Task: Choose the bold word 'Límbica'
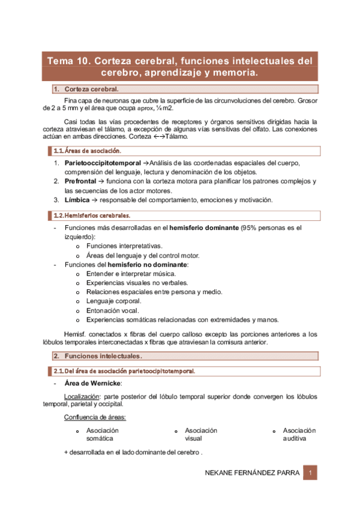pyautogui.click(x=78, y=200)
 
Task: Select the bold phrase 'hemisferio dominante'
pyautogui.click(x=203, y=228)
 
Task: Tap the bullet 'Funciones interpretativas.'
pyautogui.click(x=124, y=246)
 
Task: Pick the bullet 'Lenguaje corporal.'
pyautogui.click(x=114, y=301)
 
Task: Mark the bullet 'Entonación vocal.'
pyautogui.click(x=113, y=310)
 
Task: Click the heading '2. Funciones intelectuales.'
pyautogui.click(x=103, y=357)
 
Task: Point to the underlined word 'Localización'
pyautogui.click(x=82, y=397)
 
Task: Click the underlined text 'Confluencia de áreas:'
pyautogui.click(x=95, y=418)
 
